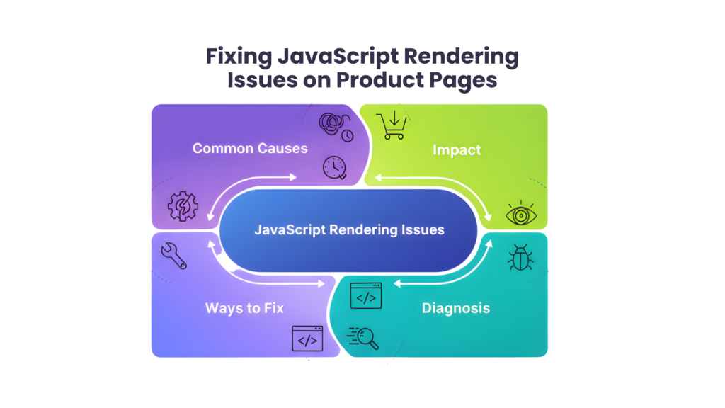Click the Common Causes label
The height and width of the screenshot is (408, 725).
click(250, 149)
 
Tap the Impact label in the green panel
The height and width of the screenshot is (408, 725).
click(457, 150)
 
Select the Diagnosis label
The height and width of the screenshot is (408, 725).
click(456, 308)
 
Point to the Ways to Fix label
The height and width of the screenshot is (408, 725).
click(244, 308)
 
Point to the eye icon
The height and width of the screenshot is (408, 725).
click(519, 214)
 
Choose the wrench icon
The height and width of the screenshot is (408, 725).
click(173, 256)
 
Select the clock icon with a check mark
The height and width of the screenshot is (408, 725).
click(334, 167)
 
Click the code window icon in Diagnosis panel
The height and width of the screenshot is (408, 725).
click(366, 295)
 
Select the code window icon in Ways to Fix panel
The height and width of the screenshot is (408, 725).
click(307, 338)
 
